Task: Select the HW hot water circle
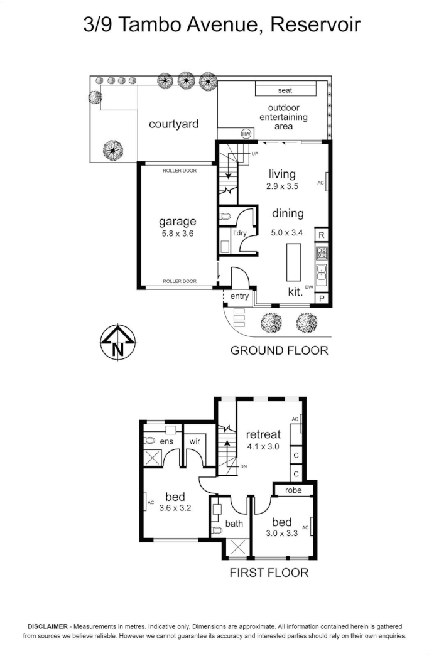pos(246,134)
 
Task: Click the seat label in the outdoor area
pos(285,90)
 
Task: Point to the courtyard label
pos(173,124)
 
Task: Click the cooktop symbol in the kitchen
pos(322,253)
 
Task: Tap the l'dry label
pos(240,234)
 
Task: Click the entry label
pos(239,296)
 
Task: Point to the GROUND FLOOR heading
pos(279,350)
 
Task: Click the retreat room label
pos(263,434)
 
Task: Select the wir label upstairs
pos(194,442)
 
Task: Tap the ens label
pos(166,442)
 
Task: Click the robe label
pos(293,490)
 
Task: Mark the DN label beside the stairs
pos(244,466)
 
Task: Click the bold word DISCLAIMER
pos(47,627)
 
